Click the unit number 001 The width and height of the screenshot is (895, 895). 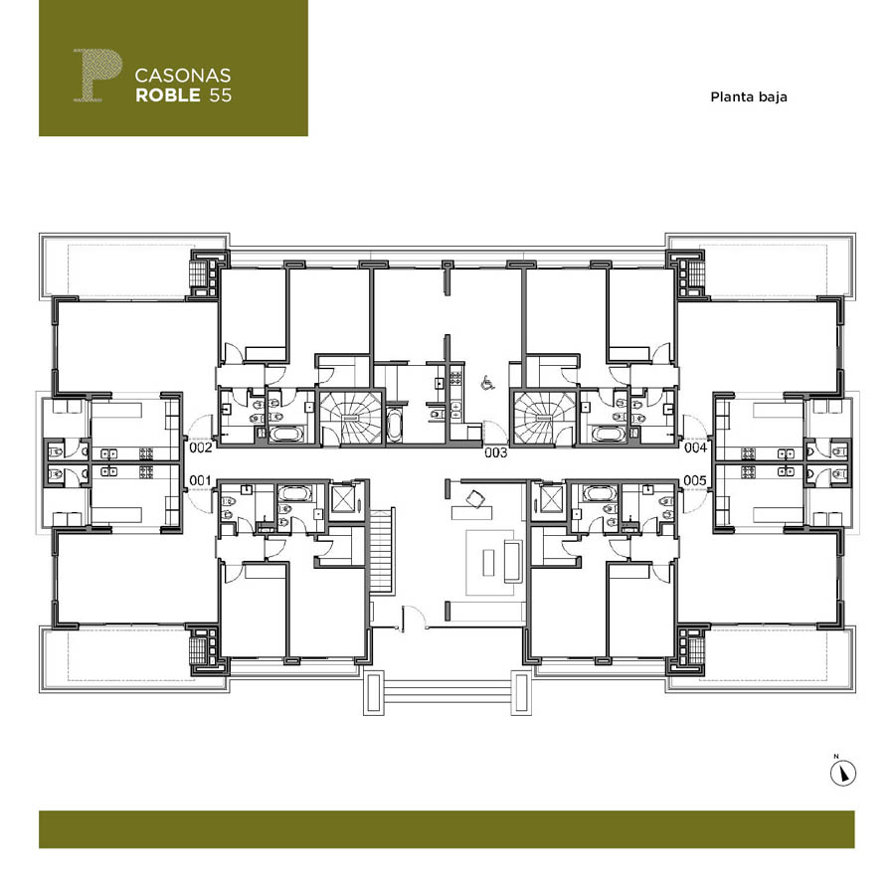click(x=200, y=480)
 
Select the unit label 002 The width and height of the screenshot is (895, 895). click(x=200, y=447)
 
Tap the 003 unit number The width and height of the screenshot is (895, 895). click(x=495, y=452)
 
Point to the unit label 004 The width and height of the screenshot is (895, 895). click(x=695, y=447)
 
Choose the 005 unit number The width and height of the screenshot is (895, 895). click(x=695, y=480)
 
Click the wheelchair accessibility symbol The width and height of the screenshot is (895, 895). click(x=487, y=383)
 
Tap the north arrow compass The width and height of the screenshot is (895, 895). click(x=842, y=774)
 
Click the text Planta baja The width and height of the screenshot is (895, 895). click(x=748, y=97)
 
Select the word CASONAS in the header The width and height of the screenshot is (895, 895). click(x=183, y=76)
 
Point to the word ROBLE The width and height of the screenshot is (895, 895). click(x=168, y=95)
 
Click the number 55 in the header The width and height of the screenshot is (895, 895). click(x=221, y=95)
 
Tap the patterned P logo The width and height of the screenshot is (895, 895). click(x=97, y=76)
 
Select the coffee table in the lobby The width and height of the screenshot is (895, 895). click(x=488, y=562)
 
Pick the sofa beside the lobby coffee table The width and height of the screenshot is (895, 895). click(x=512, y=561)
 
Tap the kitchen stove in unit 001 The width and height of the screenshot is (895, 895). click(x=146, y=471)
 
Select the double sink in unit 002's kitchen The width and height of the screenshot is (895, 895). click(x=109, y=453)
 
